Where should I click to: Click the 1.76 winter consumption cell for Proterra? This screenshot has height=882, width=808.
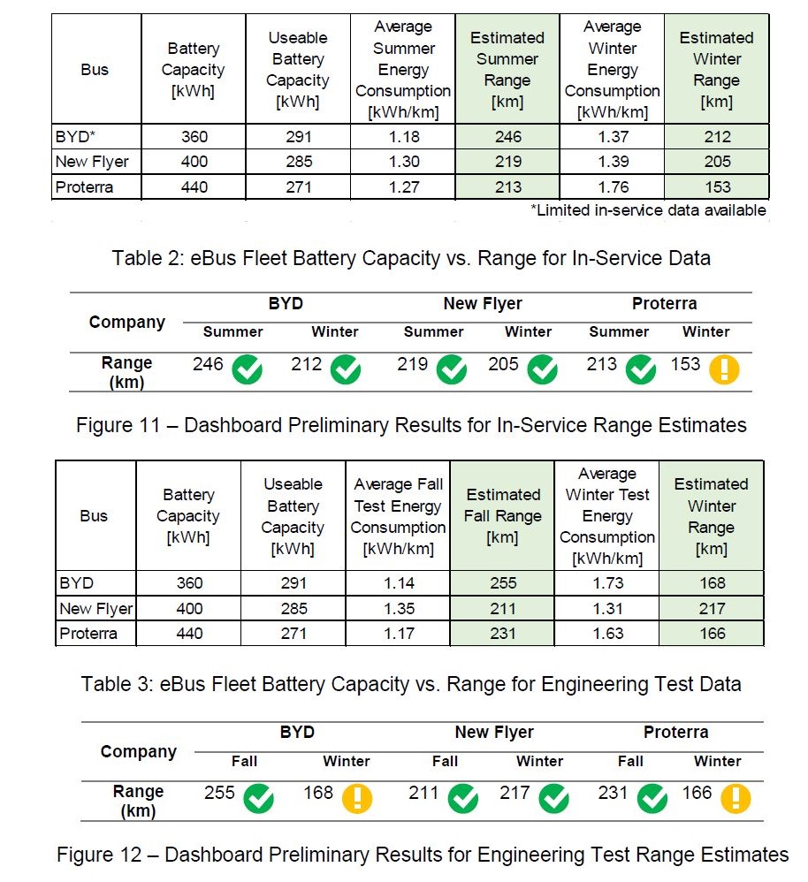click(612, 186)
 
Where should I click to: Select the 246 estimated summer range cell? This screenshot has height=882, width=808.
click(508, 137)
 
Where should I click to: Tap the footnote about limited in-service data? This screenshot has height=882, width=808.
click(647, 210)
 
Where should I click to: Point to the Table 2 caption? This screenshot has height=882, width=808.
click(411, 258)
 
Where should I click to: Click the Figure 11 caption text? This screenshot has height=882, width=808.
click(411, 425)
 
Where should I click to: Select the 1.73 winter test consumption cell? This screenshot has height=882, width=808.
click(607, 583)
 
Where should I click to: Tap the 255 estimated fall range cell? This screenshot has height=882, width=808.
click(502, 583)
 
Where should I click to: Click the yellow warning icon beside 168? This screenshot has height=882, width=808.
click(357, 798)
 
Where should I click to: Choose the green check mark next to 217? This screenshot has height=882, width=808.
click(554, 798)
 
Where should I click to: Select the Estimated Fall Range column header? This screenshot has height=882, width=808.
click(502, 516)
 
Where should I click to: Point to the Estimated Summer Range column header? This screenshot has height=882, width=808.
click(508, 70)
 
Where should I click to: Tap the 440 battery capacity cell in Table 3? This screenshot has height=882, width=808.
click(188, 634)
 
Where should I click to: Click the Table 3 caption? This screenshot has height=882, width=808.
click(411, 684)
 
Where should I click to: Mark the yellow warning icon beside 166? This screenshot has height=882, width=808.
click(736, 798)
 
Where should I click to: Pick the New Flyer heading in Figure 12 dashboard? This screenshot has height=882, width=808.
click(494, 733)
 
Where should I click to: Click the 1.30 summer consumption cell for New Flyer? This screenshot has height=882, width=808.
click(403, 162)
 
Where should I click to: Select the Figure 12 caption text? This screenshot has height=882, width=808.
click(423, 855)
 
